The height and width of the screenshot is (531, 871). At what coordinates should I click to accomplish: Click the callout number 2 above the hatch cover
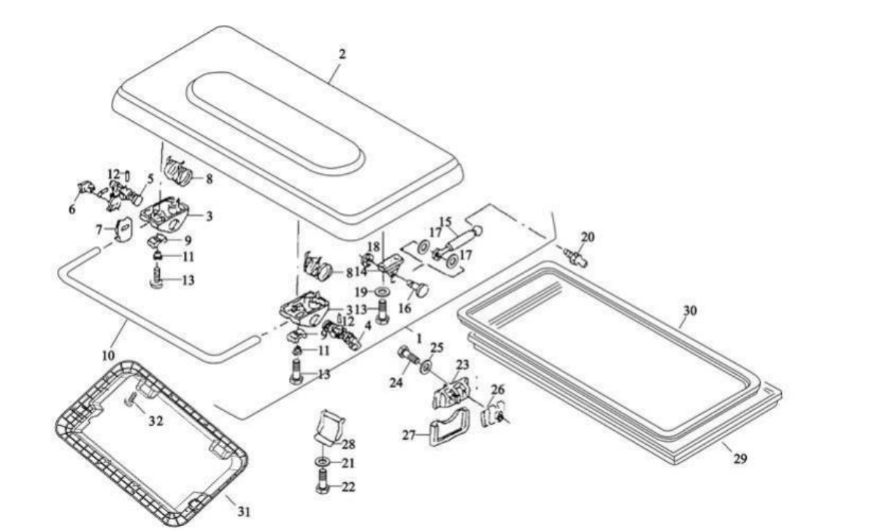point(342,54)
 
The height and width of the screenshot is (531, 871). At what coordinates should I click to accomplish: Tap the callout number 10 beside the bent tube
point(108,354)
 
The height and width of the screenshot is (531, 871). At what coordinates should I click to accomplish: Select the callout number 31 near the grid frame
point(245,511)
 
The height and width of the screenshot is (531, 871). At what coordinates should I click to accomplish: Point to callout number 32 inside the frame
point(156,421)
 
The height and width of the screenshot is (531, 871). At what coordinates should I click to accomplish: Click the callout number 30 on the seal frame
point(689,310)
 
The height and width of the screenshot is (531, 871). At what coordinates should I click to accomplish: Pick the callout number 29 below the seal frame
point(740,459)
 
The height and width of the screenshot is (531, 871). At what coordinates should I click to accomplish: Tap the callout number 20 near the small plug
point(588,237)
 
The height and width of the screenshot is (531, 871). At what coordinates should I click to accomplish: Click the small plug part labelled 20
point(575,257)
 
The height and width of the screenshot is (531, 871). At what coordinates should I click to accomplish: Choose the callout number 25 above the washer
point(437,348)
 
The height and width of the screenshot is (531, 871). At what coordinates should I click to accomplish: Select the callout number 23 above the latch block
point(463,365)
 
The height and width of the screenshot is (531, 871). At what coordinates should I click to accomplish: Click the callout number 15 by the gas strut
point(445,221)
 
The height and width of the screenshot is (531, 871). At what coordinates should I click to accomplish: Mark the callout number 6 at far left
point(72,210)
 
